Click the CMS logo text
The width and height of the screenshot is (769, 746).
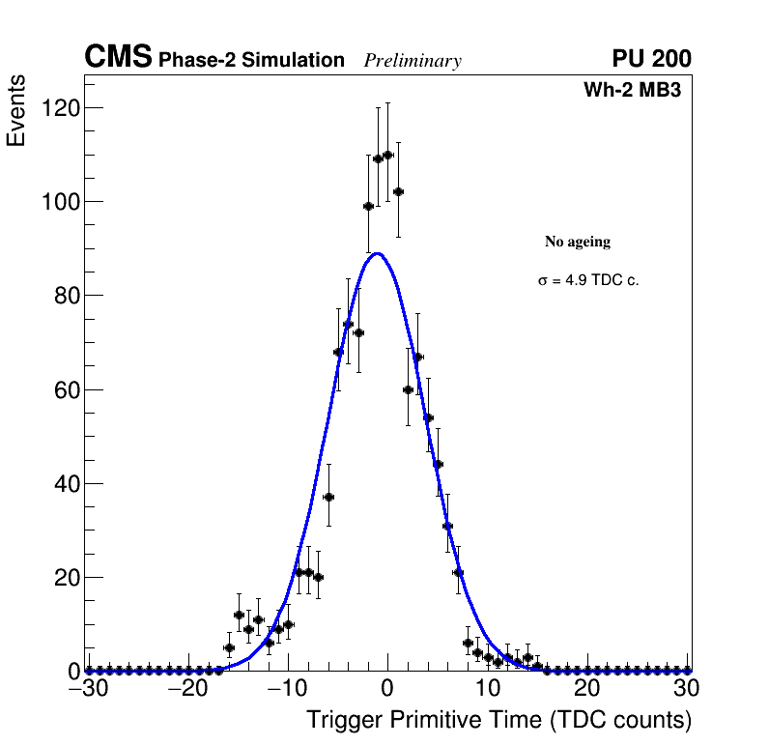[x=118, y=58]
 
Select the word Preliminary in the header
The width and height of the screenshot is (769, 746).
[x=413, y=61]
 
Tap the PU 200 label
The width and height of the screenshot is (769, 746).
[x=651, y=59]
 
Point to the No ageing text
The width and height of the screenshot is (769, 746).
[x=578, y=242]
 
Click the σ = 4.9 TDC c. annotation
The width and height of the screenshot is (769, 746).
[x=588, y=281]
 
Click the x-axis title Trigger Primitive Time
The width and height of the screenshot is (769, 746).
[x=498, y=720]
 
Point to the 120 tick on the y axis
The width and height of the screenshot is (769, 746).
[x=59, y=108]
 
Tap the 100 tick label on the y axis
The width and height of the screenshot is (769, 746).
[x=59, y=202]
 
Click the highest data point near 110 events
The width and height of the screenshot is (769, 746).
[x=387, y=155]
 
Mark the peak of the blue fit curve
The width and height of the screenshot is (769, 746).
[x=378, y=254]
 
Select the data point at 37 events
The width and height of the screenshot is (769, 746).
[x=328, y=497]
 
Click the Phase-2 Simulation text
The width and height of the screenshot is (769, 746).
[x=251, y=61]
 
